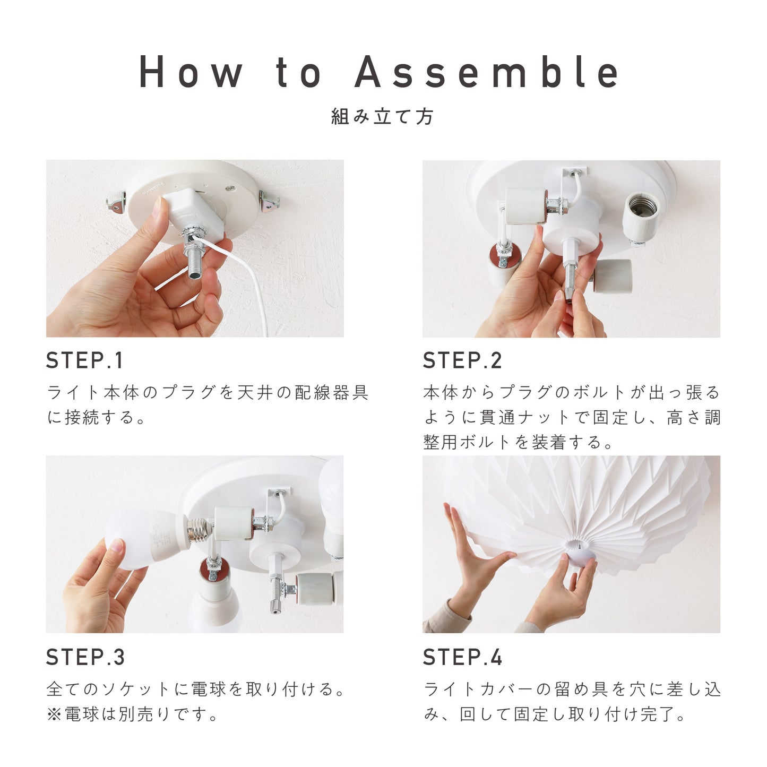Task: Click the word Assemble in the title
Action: [x=486, y=72]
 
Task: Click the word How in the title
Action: [x=191, y=72]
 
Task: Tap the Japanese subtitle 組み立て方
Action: [x=382, y=117]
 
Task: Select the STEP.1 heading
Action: [x=84, y=360]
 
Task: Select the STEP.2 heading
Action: [x=462, y=360]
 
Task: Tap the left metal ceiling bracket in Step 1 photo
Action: [x=116, y=202]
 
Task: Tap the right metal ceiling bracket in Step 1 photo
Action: [x=269, y=201]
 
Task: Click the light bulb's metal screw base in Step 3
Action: [x=199, y=531]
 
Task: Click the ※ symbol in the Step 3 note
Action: [x=54, y=714]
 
